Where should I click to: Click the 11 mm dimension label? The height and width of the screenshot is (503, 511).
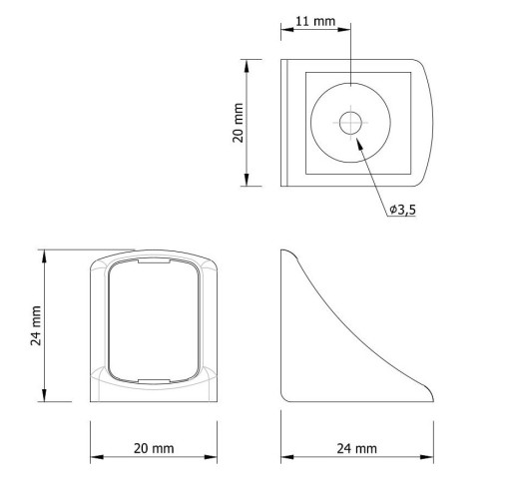coord(315,21)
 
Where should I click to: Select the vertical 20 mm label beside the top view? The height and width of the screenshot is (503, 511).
coord(239,123)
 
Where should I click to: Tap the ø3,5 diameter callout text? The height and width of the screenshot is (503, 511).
coord(402,210)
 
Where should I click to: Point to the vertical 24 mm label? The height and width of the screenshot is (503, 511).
coord(36,325)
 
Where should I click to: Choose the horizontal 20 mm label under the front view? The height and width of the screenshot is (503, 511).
coord(154,448)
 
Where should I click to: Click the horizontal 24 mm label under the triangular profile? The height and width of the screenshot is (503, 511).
coord(357,449)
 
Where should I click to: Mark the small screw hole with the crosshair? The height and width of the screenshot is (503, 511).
coord(350,123)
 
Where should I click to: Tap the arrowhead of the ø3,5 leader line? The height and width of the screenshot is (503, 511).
coord(359,144)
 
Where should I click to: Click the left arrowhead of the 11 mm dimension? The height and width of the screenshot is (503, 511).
coord(287,29)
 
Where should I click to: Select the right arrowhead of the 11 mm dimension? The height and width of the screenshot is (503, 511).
coord(344,29)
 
